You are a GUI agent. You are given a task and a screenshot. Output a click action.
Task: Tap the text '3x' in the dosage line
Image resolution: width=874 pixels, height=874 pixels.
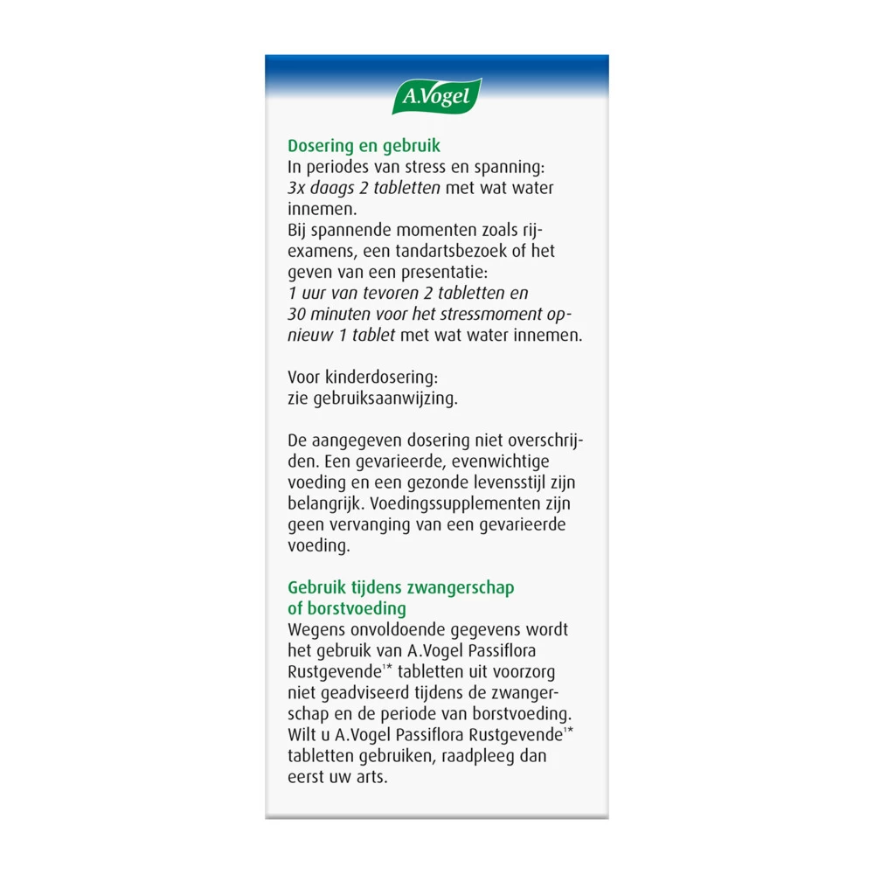(x=297, y=188)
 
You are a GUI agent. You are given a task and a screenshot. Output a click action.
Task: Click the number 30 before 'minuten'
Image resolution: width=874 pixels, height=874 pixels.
(x=297, y=314)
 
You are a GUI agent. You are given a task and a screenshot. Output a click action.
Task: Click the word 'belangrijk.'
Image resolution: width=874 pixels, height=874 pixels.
(x=327, y=504)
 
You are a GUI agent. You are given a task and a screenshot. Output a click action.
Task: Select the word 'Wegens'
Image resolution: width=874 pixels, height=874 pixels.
(x=316, y=629)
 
